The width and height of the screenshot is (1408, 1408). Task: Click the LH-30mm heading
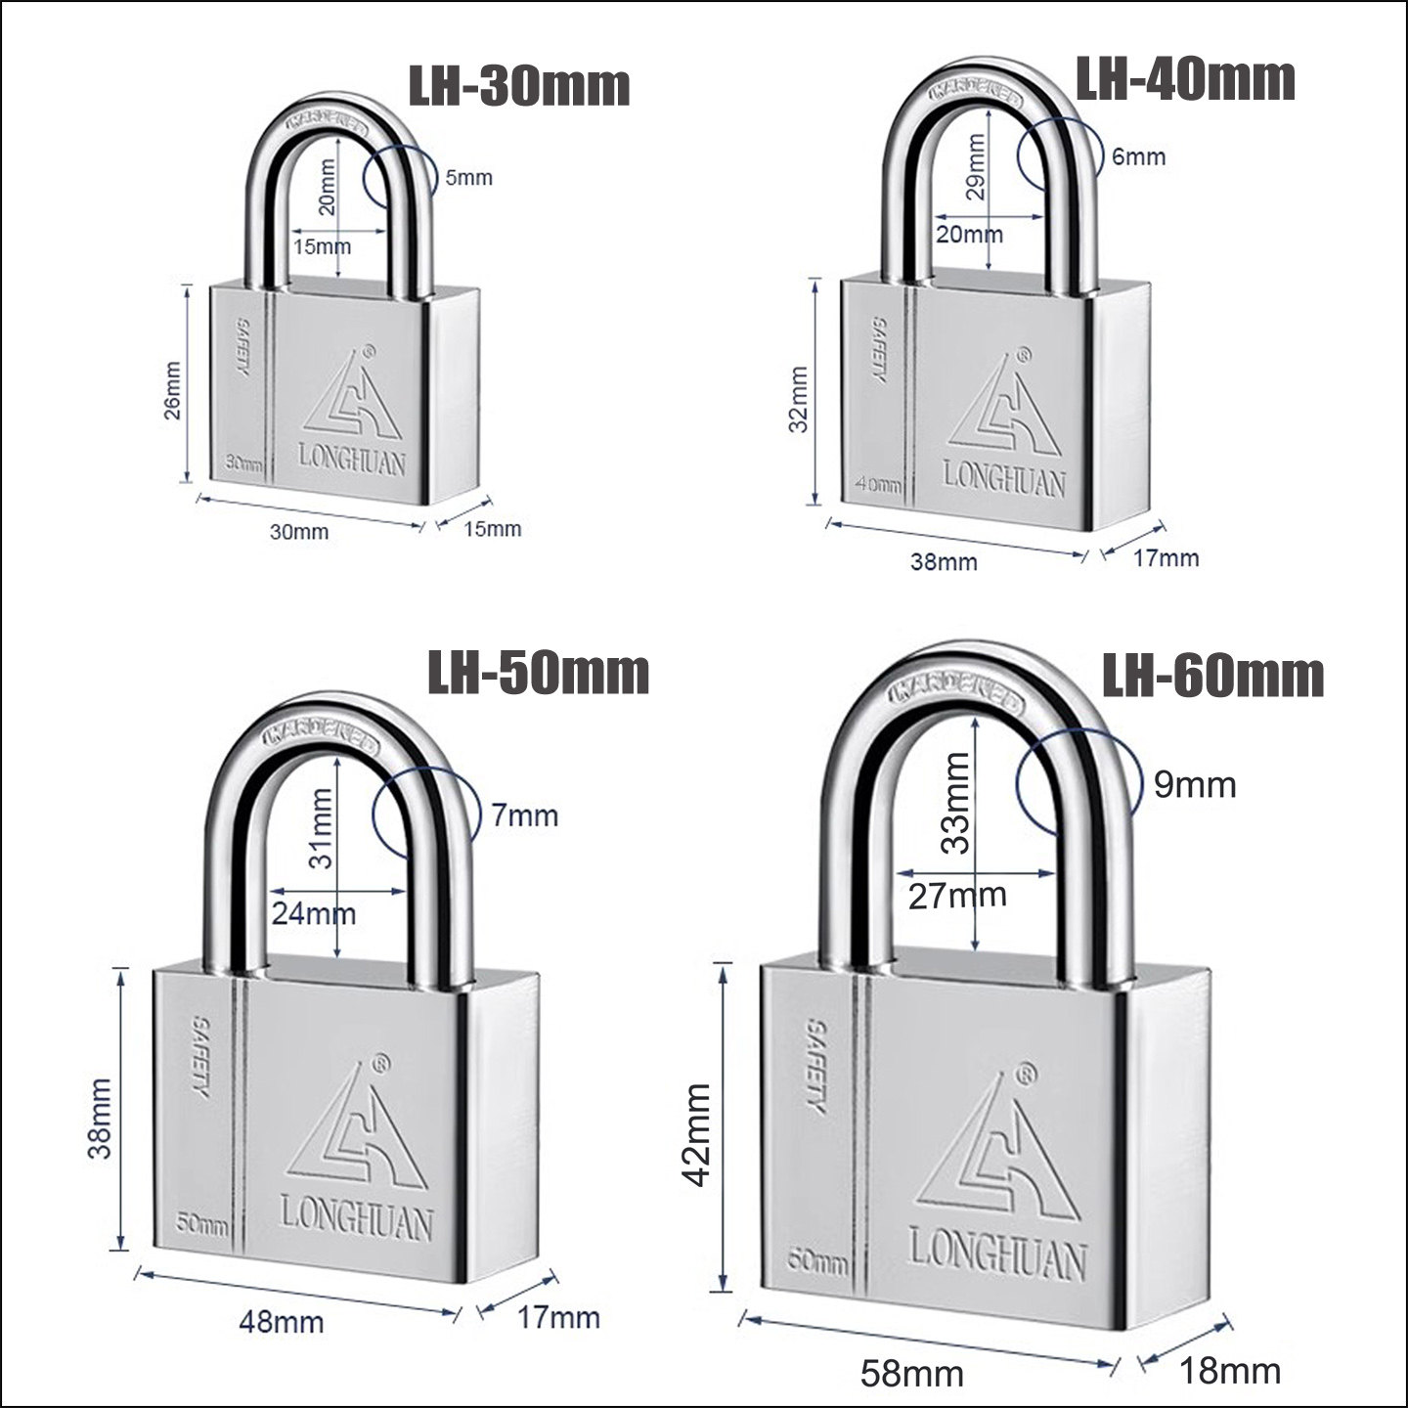[518, 86]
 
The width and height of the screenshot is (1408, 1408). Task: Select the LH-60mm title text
[1213, 676]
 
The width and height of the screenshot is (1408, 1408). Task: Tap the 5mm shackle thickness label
[469, 177]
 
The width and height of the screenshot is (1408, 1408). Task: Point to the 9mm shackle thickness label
[1195, 784]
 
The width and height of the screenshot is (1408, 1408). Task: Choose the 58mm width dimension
[911, 1374]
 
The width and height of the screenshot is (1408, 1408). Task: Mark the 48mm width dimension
[282, 1322]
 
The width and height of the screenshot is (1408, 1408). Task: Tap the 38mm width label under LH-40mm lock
[944, 561]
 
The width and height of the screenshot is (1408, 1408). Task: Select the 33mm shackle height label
[956, 802]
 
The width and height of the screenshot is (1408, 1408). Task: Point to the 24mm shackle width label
[313, 914]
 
